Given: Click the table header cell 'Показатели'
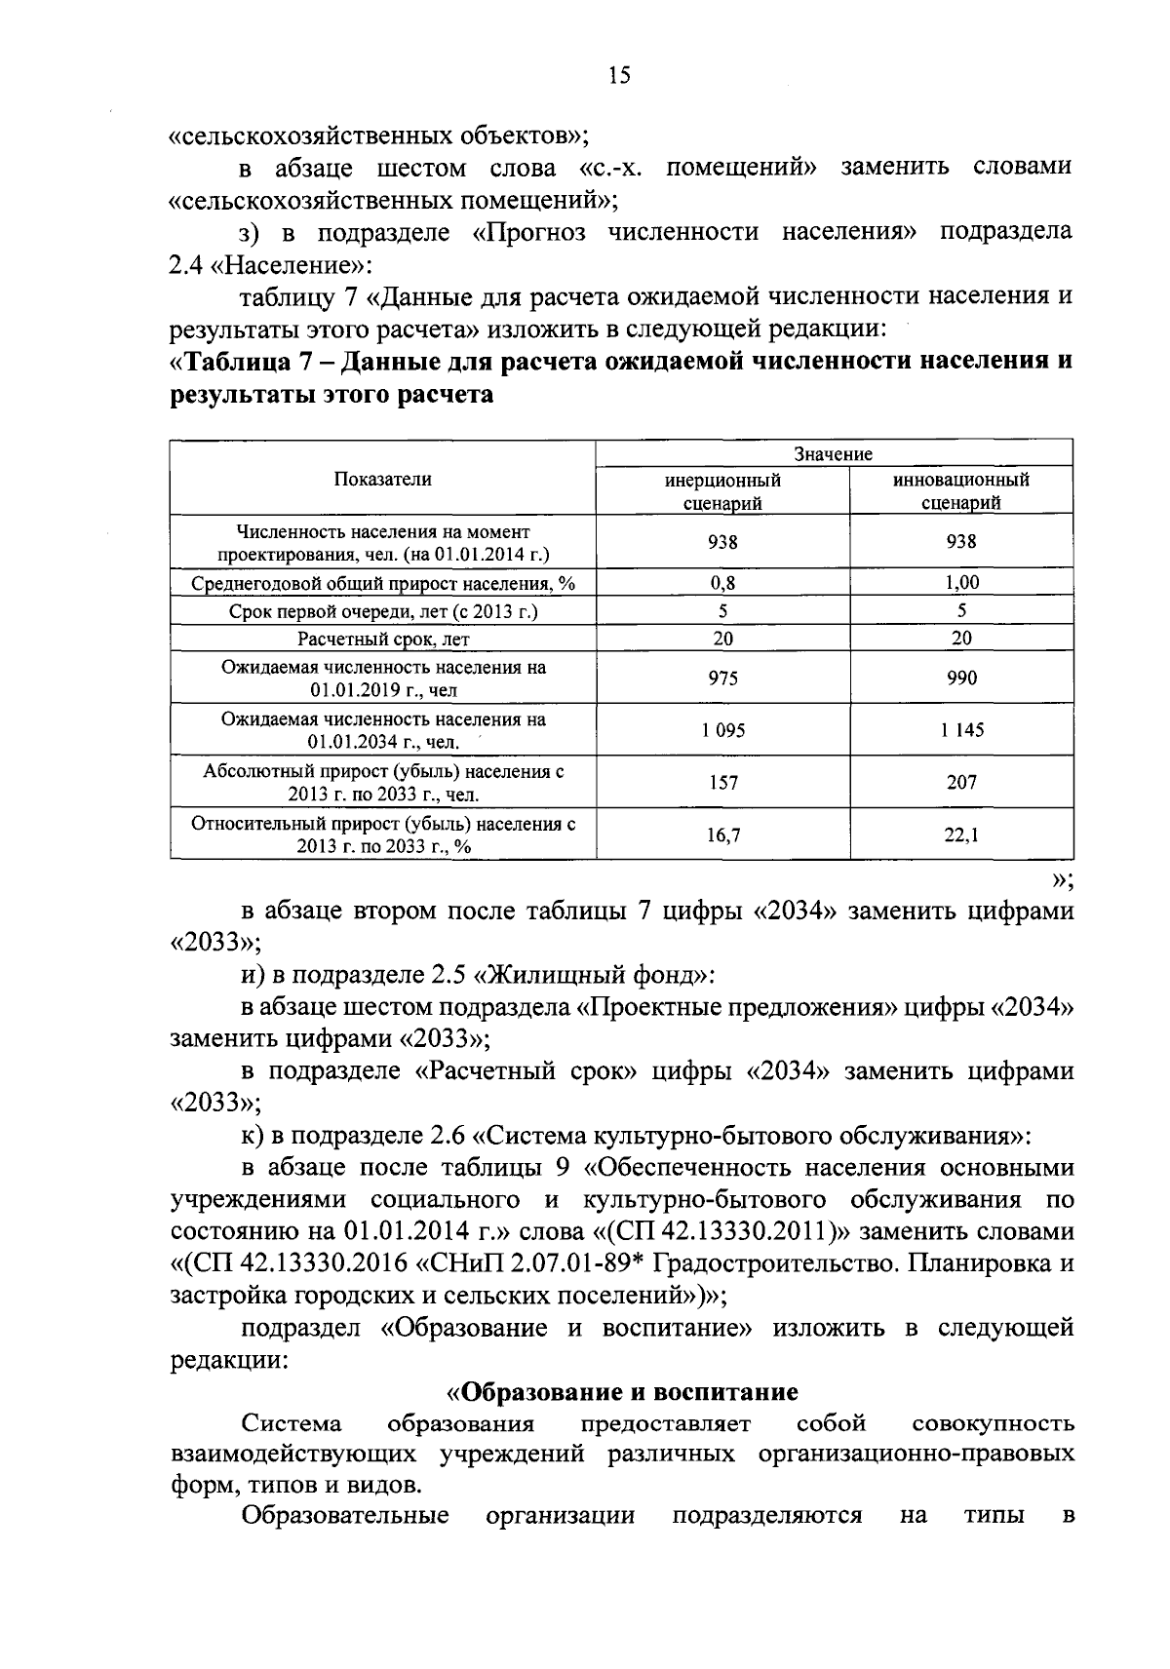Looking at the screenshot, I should [x=382, y=479].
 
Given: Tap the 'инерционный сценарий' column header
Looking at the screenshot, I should [x=722, y=491].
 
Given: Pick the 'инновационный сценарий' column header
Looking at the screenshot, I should [x=960, y=491].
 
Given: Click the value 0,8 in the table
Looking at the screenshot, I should [x=722, y=583].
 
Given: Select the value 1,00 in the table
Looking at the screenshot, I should [x=960, y=583].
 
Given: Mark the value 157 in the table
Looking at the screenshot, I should [x=722, y=782].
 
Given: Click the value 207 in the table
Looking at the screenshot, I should [x=960, y=782].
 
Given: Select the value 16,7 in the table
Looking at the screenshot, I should [x=722, y=834].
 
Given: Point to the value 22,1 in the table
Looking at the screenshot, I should [x=960, y=834].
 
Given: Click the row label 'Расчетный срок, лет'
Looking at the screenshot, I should [x=382, y=640].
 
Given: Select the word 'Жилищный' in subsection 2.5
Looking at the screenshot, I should [x=554, y=974].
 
